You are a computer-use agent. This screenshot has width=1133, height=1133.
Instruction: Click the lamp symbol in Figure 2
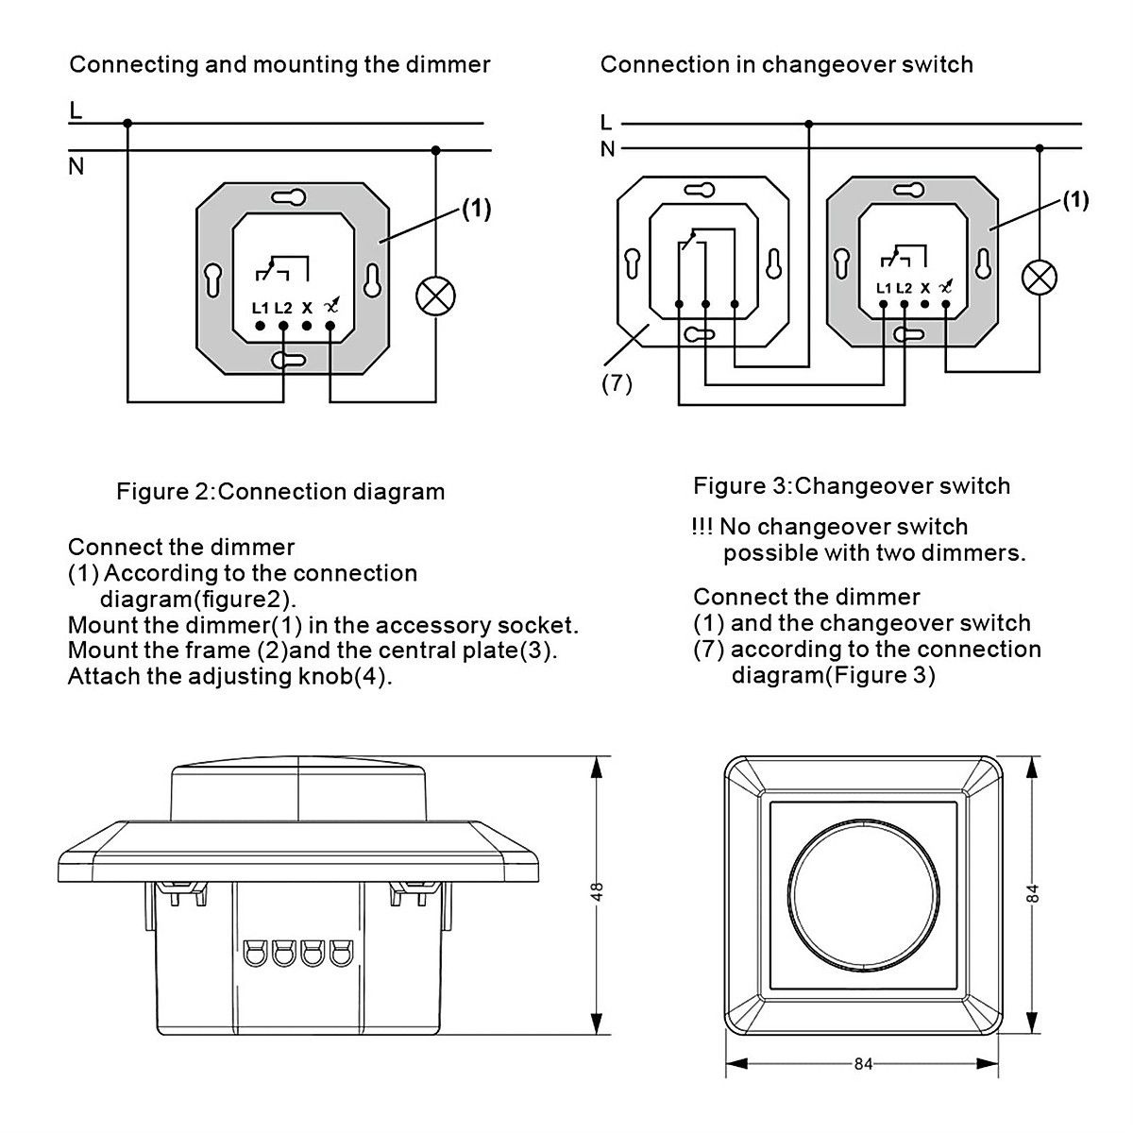click(435, 296)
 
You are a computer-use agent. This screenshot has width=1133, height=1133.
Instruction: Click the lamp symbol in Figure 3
click(1040, 278)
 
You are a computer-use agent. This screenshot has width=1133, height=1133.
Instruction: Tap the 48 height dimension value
click(597, 892)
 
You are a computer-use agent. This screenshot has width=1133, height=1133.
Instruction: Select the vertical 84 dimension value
click(1033, 892)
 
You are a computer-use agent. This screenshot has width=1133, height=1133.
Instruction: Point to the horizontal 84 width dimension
click(863, 1064)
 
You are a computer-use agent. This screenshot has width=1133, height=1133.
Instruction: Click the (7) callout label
click(617, 384)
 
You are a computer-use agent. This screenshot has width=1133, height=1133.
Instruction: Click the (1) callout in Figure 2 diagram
click(476, 209)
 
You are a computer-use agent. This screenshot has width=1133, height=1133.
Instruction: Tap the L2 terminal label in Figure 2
click(283, 307)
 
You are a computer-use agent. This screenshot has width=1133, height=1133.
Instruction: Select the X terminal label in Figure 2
click(307, 307)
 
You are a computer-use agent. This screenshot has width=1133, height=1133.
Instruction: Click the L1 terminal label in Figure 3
click(884, 288)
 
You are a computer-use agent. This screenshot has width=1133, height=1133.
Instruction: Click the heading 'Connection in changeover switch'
click(786, 64)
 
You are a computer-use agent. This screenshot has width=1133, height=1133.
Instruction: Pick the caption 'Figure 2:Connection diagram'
click(279, 492)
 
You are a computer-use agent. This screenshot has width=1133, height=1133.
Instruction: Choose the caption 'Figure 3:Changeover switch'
click(851, 486)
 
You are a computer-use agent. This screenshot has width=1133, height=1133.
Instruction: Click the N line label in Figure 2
click(76, 167)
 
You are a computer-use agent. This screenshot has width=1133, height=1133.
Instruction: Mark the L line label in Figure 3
click(606, 123)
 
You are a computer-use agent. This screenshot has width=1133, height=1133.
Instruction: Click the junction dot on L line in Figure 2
click(127, 123)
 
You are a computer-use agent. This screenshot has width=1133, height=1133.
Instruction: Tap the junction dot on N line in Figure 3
click(1040, 148)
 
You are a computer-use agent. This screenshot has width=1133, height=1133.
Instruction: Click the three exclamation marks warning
click(702, 527)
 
